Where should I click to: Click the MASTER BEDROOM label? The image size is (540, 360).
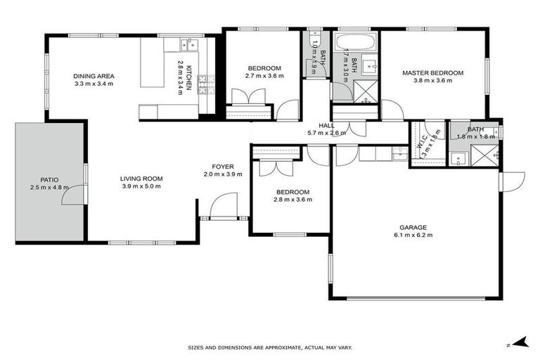[432, 72]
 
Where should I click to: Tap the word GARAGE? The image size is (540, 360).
[413, 227]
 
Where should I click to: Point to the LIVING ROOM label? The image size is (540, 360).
[141, 179]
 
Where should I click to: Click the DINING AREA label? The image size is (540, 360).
[94, 76]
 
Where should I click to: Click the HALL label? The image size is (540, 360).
[326, 125]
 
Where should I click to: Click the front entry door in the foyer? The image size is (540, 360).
[224, 205]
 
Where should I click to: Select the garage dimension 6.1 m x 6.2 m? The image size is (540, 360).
[413, 235]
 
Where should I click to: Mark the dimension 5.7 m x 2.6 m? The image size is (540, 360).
[326, 133]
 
